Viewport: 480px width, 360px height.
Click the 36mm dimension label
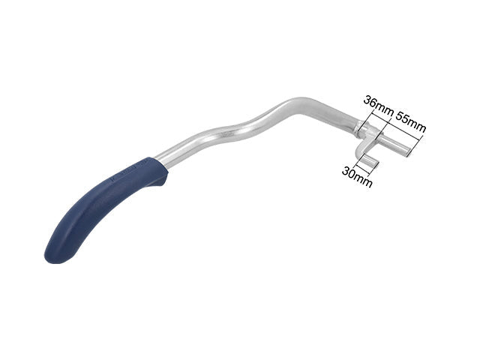(378, 105)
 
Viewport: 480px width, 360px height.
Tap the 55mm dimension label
(411, 121)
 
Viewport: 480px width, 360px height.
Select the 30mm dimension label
(357, 177)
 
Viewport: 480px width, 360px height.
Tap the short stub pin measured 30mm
(370, 162)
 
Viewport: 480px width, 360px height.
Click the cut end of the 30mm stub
(376, 165)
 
